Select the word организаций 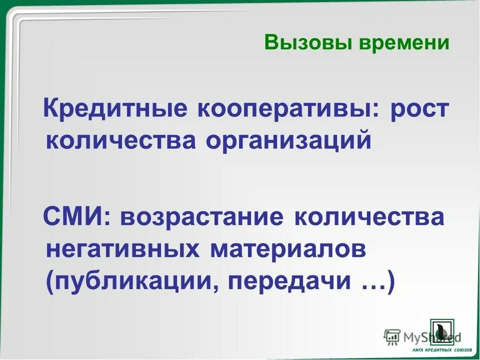(288, 141)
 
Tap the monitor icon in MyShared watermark (392, 335)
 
